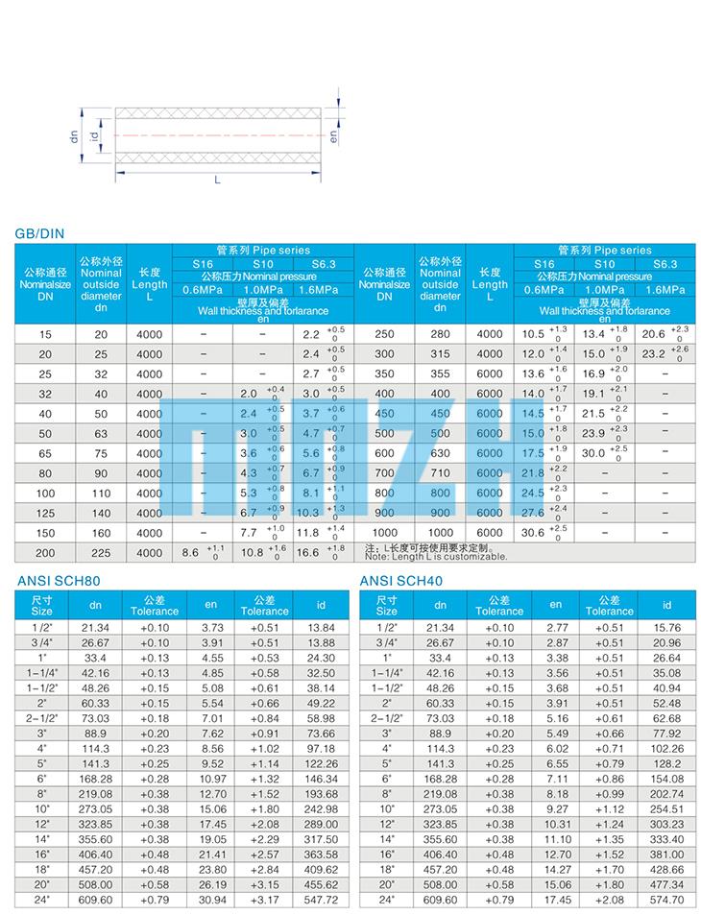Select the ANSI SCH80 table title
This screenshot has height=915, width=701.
pos(59,580)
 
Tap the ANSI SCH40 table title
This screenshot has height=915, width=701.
pos(400,580)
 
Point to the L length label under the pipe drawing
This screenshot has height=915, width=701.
pos(217,181)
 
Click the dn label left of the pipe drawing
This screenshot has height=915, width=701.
pos(74,136)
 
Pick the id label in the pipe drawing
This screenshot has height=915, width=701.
pos(94,136)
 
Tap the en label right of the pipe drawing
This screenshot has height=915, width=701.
pos(333,136)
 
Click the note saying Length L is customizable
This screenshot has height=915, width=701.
pos(435,556)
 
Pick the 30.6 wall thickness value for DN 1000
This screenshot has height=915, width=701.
pos(533,533)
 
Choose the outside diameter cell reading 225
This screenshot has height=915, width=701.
pos(101,553)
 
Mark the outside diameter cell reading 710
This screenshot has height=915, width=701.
pos(440,473)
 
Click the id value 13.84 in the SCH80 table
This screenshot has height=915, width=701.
pos(322,626)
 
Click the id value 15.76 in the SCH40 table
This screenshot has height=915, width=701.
pos(665,626)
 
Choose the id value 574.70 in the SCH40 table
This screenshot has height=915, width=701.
pos(665,900)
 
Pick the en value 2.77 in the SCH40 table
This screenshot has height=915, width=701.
pos(555,626)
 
